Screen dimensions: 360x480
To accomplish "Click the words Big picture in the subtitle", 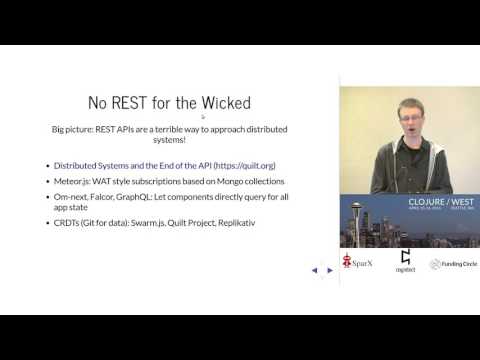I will click(x=73, y=129).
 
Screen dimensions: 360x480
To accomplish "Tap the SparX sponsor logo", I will click(x=353, y=263).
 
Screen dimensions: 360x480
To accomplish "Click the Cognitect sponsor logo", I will click(x=406, y=261).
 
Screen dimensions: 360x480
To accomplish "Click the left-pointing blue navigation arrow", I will click(x=314, y=270).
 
